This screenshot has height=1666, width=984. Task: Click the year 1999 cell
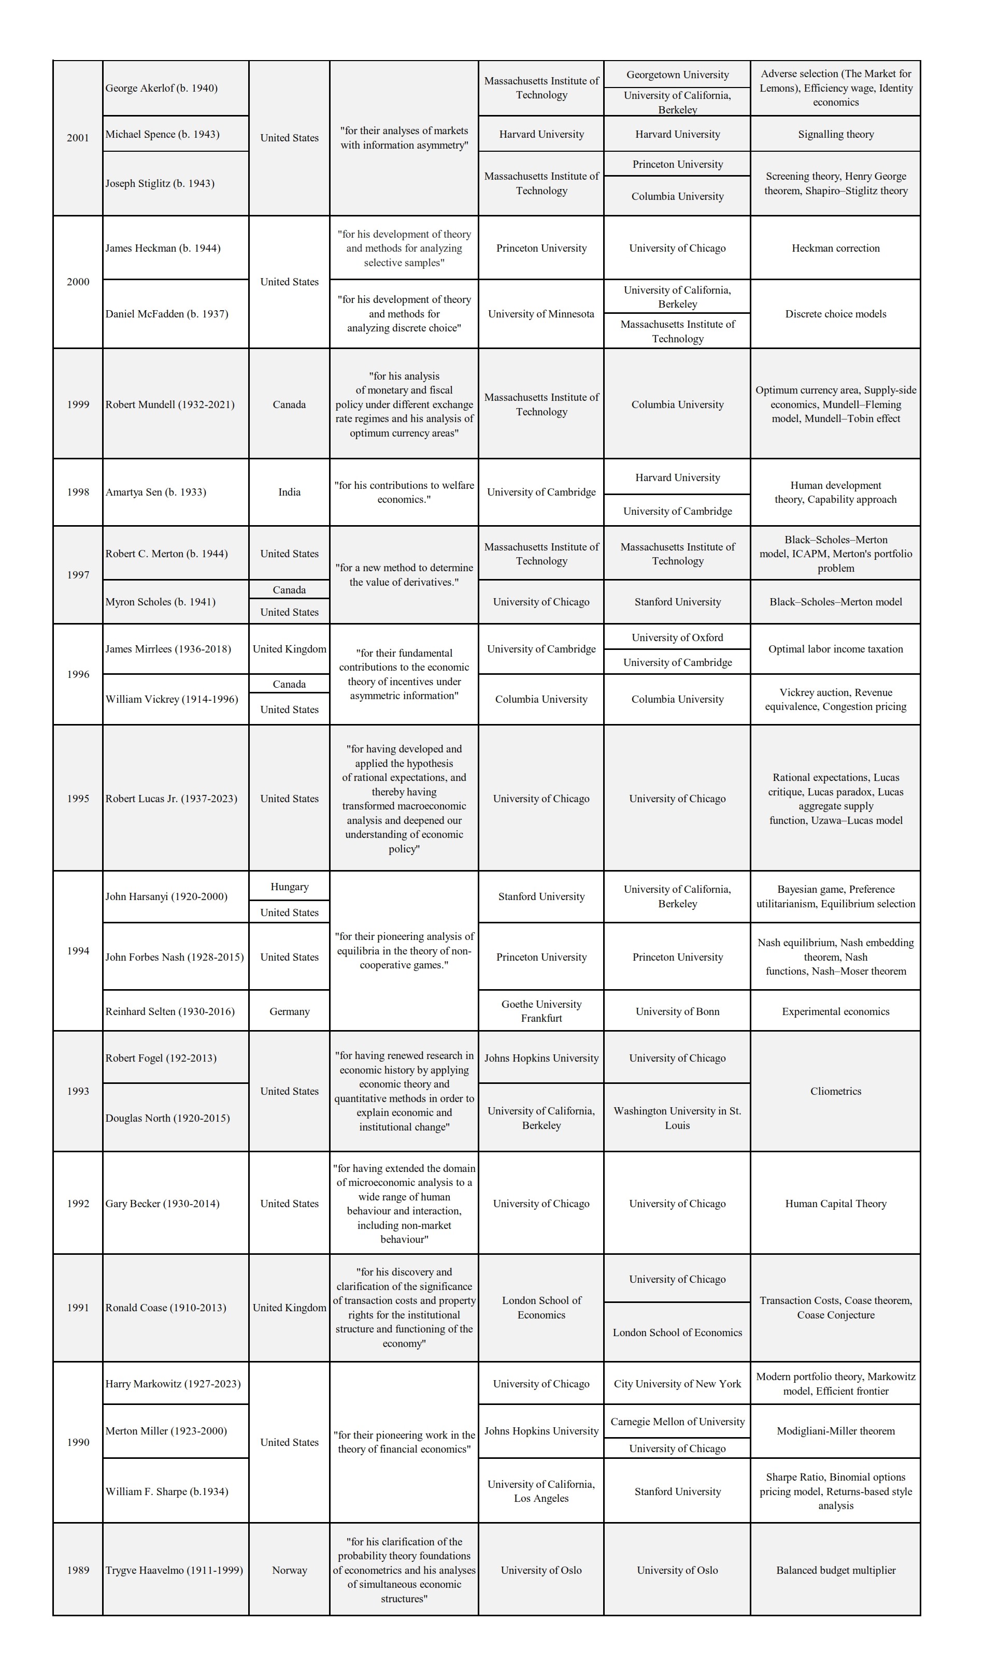pos(78,404)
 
